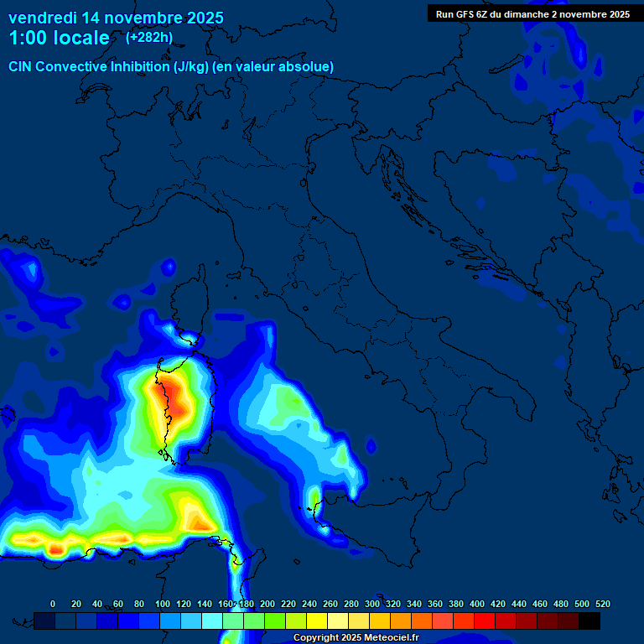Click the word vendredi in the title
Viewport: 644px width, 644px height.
click(x=42, y=18)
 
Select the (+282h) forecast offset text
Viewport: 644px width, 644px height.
click(x=150, y=38)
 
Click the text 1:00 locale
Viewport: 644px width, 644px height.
click(x=59, y=39)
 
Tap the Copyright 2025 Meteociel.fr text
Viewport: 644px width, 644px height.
click(x=356, y=637)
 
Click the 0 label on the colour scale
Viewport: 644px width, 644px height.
click(x=53, y=604)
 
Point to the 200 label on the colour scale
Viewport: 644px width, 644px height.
click(x=267, y=604)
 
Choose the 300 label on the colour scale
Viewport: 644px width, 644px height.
click(x=372, y=604)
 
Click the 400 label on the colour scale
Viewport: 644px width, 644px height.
click(x=477, y=604)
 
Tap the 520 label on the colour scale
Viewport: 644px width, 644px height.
click(x=602, y=604)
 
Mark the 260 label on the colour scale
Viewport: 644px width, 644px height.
click(x=330, y=604)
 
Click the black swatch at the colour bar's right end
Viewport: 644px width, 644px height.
click(x=589, y=621)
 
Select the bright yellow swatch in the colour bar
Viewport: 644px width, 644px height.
click(x=317, y=621)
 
